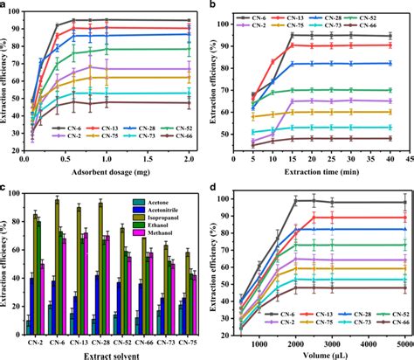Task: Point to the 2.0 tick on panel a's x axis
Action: [x=190, y=160]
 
